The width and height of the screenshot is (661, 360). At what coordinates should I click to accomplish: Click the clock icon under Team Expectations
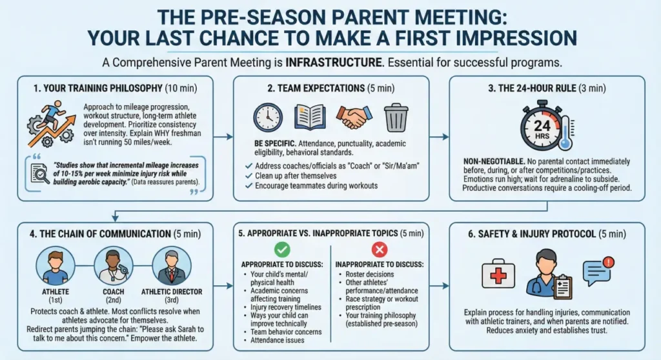[269, 118]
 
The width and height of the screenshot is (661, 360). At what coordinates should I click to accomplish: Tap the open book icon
[310, 118]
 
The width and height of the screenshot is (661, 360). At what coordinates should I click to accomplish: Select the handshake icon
[354, 118]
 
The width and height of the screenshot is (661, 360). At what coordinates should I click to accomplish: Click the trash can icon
[396, 118]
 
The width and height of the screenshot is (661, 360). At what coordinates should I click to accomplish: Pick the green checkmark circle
[283, 250]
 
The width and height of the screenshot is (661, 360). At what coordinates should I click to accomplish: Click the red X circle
[380, 250]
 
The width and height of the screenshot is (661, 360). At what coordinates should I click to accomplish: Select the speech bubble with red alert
[598, 272]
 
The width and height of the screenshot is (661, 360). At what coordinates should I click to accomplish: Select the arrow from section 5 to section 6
[440, 285]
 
